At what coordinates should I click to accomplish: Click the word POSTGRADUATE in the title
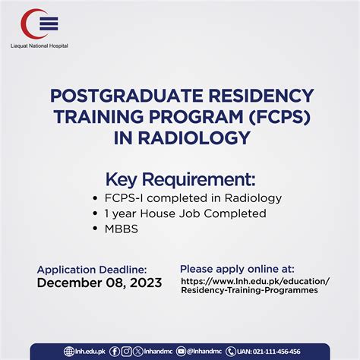(114, 96)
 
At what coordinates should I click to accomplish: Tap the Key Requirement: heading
(180, 179)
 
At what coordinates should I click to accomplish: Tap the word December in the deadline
(69, 283)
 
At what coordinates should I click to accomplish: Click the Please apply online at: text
(237, 268)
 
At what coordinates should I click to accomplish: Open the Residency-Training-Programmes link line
(249, 291)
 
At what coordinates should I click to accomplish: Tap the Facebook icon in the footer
(114, 351)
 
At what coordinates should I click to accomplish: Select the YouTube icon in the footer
(181, 351)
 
